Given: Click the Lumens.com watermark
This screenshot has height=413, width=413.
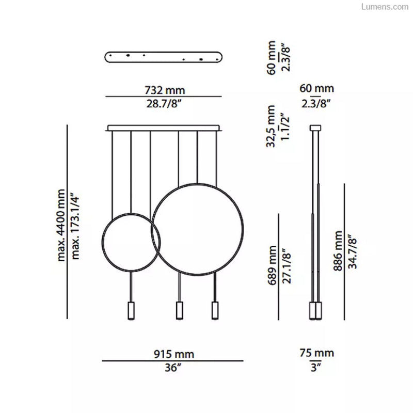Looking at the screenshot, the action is pyautogui.click(x=385, y=7).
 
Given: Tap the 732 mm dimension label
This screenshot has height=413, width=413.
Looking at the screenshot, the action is pyautogui.click(x=165, y=90).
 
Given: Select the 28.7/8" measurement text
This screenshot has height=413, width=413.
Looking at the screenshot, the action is pyautogui.click(x=164, y=104).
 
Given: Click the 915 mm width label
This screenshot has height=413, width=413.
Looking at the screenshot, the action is pyautogui.click(x=174, y=354).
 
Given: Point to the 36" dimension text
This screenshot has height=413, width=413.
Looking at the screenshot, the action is pyautogui.click(x=173, y=368).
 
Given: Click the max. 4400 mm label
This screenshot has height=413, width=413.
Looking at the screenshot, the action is pyautogui.click(x=61, y=225).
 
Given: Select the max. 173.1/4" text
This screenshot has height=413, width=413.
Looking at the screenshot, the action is pyautogui.click(x=75, y=227).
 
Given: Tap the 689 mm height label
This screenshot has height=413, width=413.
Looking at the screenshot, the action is pyautogui.click(x=272, y=265).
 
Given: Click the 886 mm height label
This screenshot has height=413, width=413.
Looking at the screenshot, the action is pyautogui.click(x=338, y=251).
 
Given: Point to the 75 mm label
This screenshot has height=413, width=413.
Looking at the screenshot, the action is pyautogui.click(x=316, y=353).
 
